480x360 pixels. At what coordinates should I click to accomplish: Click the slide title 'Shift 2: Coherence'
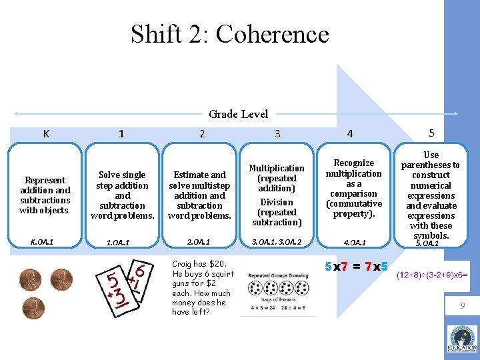pos(229,34)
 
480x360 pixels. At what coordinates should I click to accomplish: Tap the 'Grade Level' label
pos(238,114)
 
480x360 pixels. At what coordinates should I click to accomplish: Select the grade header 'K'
pos(46,133)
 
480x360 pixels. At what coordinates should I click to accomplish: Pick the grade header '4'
pos(349,134)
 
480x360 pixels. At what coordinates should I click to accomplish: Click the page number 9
pos(461,306)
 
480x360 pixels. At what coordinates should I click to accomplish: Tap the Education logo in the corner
pos(462,338)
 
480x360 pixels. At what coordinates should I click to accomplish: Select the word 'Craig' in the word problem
pos(183,264)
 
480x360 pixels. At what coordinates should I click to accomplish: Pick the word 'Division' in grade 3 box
pos(277,202)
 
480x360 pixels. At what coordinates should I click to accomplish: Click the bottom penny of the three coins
pos(32,308)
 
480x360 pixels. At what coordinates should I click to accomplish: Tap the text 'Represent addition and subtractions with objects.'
pos(45,195)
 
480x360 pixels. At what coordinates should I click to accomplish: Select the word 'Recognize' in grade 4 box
pos(353,163)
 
